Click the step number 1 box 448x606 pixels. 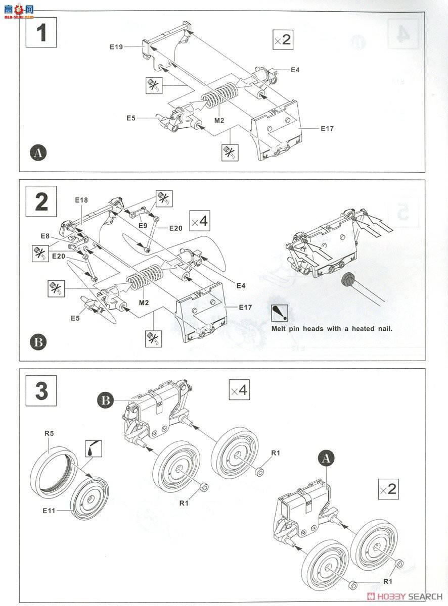coord(41,33)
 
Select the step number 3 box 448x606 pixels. coord(41,391)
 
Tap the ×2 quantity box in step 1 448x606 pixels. coord(283,40)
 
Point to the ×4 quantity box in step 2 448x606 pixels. coord(199,221)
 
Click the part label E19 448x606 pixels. coord(116,46)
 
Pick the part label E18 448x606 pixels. coord(81,200)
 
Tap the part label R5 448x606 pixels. coord(49,432)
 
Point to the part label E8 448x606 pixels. coord(46,236)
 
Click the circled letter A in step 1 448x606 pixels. coord(38,152)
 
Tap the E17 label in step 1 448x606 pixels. coord(327,128)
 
